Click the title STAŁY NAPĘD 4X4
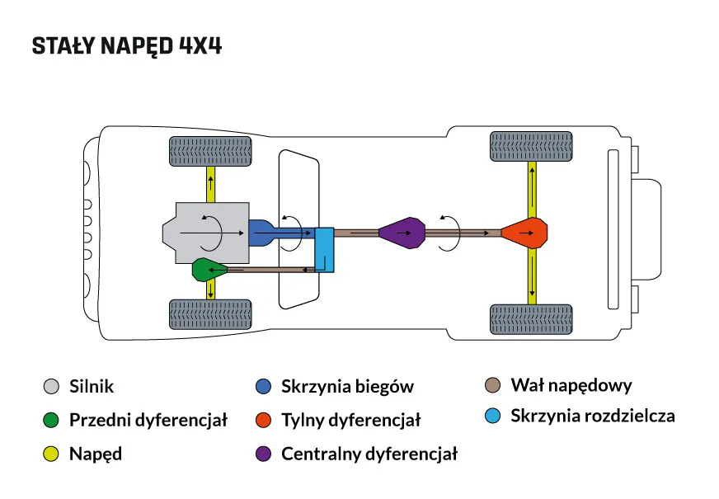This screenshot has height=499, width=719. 126,46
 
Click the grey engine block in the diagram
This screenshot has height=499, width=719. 206,233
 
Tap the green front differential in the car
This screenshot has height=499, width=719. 204,270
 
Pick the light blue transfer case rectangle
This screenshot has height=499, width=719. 324,250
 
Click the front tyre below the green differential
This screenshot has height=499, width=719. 210,314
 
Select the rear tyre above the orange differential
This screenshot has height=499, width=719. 532,147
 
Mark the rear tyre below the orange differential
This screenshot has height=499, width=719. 532,319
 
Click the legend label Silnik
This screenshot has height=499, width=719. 92,386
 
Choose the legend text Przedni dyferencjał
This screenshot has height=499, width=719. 148,420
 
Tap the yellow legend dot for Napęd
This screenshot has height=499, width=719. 51,454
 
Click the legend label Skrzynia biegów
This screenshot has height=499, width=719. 347,386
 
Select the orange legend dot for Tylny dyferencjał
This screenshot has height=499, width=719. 264,420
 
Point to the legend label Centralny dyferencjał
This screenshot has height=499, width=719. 369,454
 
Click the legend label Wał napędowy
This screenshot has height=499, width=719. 571,385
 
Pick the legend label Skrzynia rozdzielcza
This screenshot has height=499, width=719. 592,416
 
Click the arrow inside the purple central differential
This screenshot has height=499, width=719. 403,233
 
